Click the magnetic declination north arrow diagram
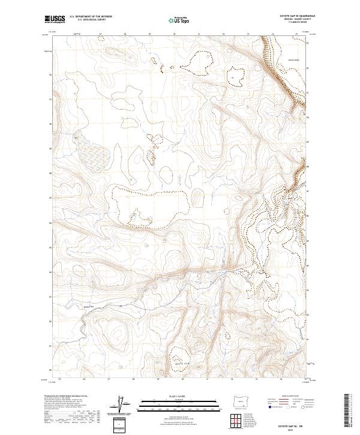(121, 403)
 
